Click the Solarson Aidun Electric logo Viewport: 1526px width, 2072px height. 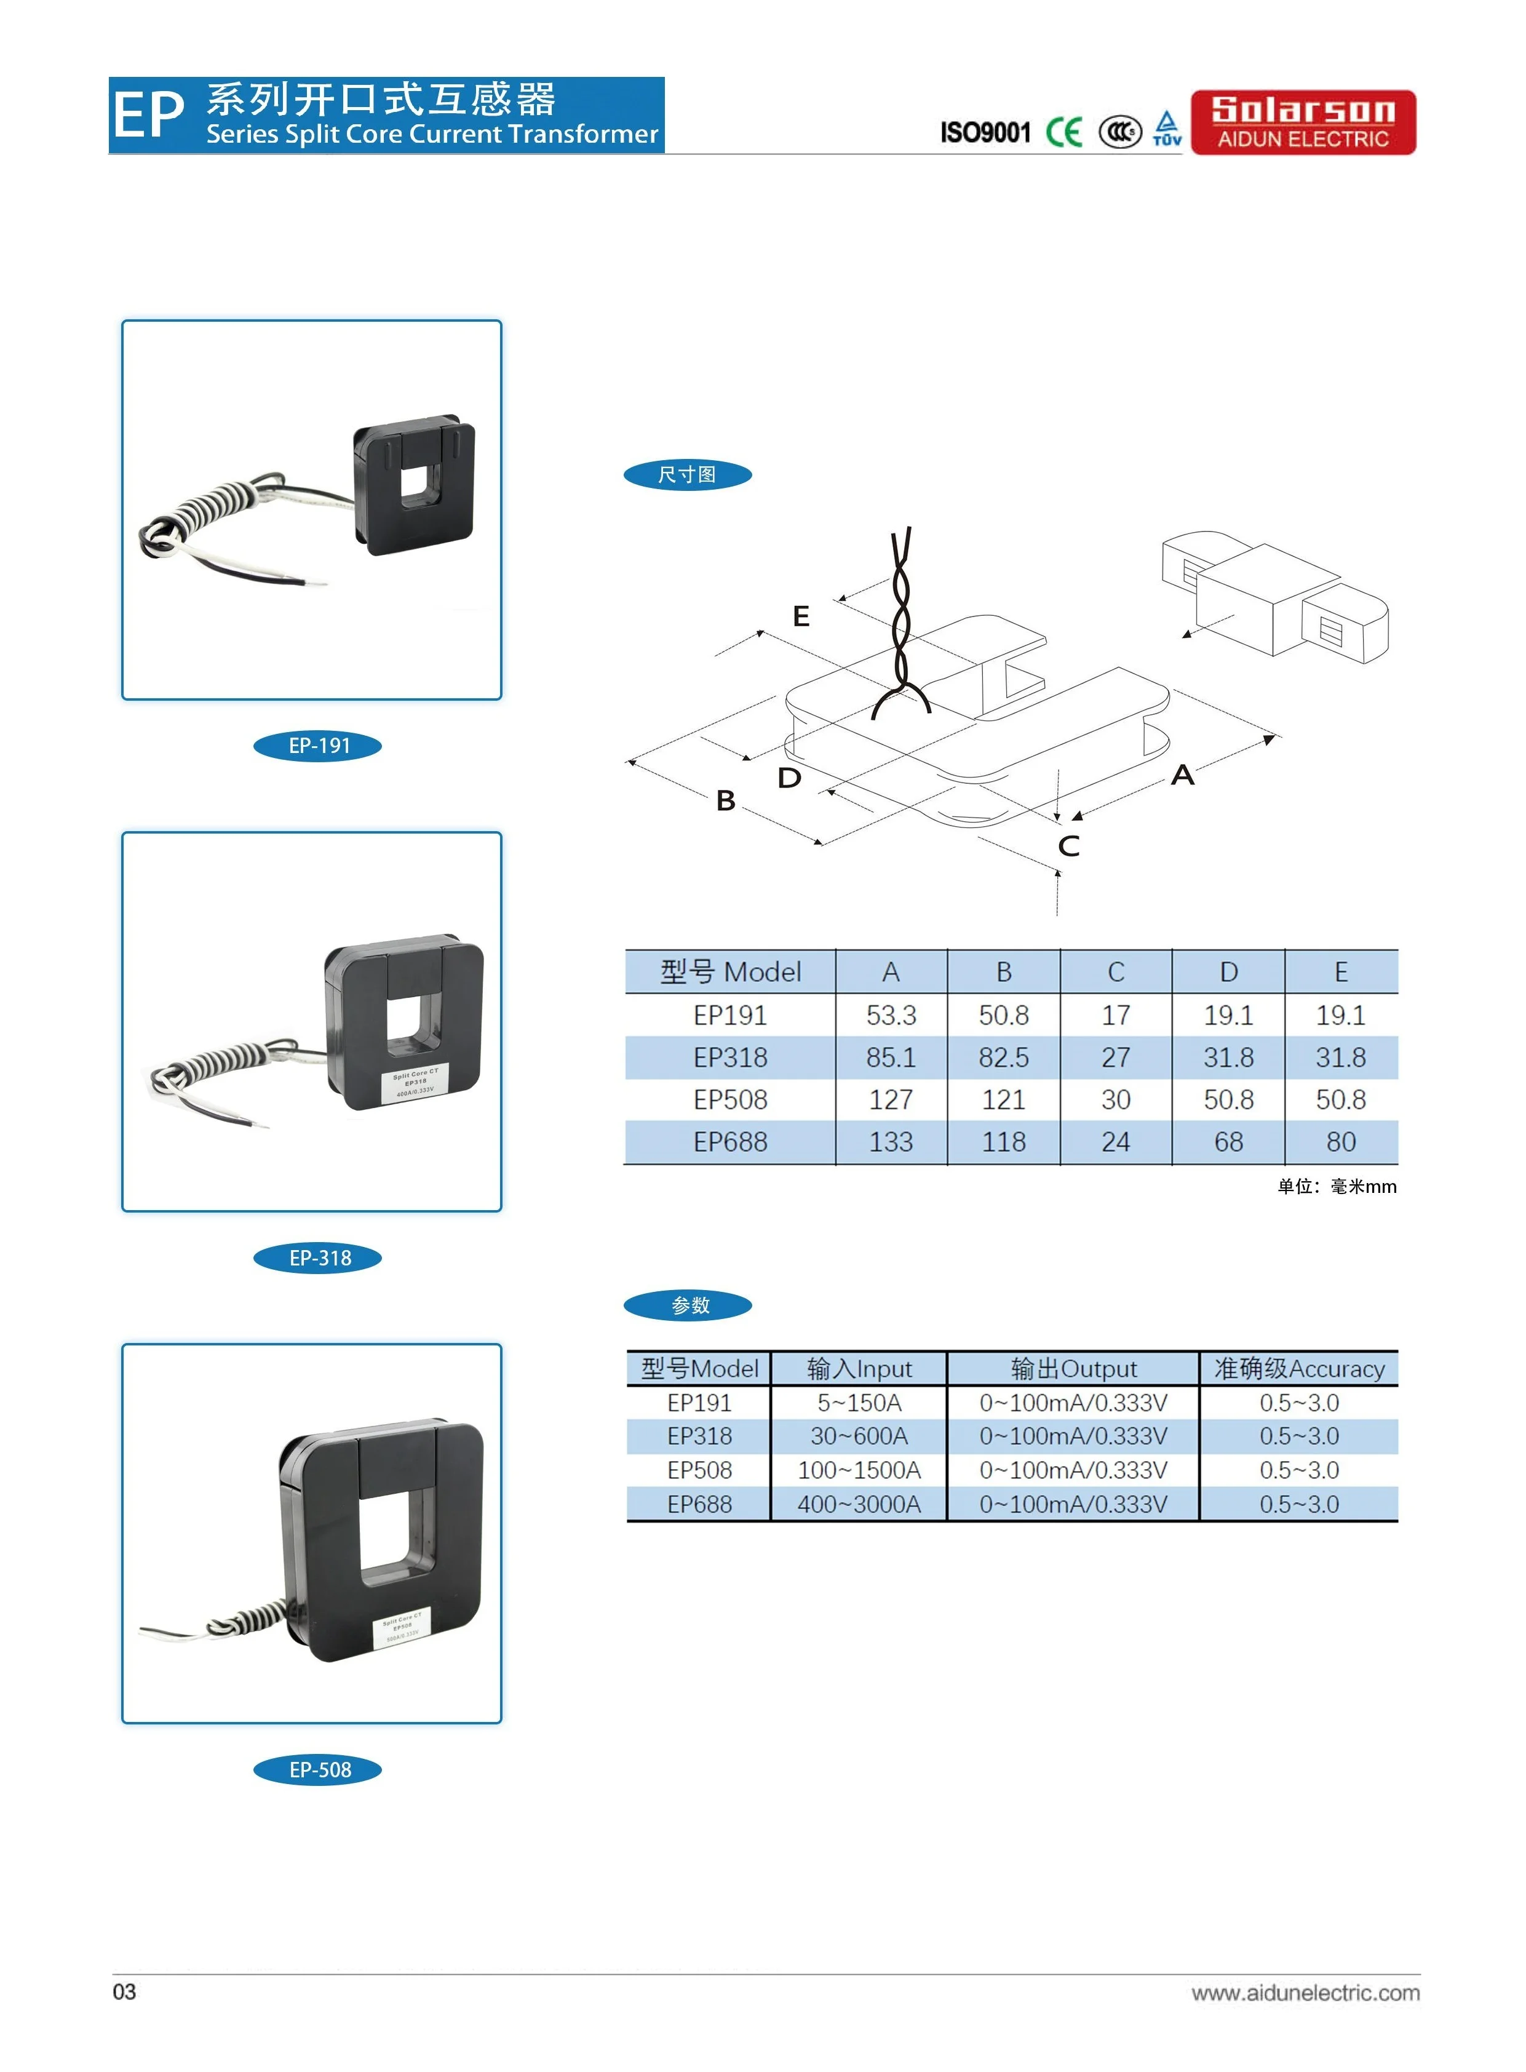[1303, 122]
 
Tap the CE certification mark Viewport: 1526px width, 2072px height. [1063, 132]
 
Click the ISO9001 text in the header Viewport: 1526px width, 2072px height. [985, 133]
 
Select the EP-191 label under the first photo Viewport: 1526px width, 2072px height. [318, 746]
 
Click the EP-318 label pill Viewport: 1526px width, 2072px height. [318, 1257]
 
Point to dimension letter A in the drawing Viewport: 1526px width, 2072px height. [1182, 775]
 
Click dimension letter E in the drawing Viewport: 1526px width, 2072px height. [801, 616]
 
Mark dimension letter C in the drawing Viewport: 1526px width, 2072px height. [1069, 845]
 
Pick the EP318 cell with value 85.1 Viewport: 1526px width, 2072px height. [891, 1058]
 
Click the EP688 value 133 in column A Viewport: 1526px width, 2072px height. [891, 1142]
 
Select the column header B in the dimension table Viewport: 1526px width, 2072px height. [1003, 972]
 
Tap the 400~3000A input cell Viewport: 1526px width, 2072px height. [859, 1504]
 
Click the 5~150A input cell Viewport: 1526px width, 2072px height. [859, 1402]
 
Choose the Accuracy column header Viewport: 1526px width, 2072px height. [1299, 1368]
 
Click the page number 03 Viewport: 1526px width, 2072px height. [124, 1991]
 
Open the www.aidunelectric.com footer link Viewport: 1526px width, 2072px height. [1305, 1993]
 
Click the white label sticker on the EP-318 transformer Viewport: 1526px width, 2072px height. [414, 1083]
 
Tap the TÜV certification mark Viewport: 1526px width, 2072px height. [1167, 129]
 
